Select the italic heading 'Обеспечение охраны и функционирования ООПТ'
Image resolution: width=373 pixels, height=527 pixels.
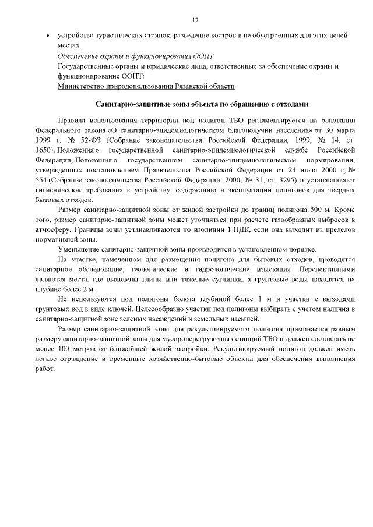(136, 56)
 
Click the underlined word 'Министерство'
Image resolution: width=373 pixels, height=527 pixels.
(82, 86)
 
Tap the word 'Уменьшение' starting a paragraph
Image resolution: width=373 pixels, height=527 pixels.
(81, 249)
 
